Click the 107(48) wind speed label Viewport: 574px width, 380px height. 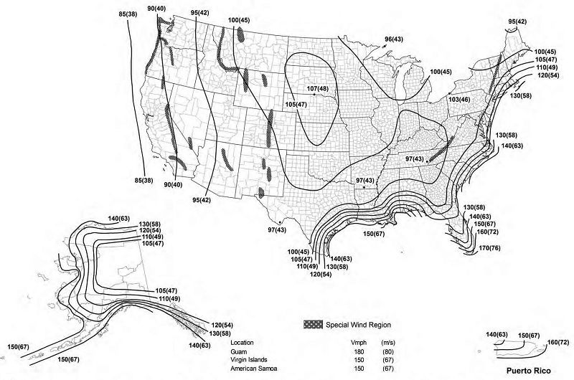(317, 88)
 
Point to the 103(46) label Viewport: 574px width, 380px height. (458, 99)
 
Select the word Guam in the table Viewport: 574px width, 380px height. (239, 352)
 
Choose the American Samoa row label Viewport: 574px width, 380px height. (255, 369)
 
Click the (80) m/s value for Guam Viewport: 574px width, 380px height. (390, 352)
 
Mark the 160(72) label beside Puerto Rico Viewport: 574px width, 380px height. (557, 342)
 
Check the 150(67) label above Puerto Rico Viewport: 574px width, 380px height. (529, 335)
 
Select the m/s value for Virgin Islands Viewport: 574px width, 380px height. (390, 360)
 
